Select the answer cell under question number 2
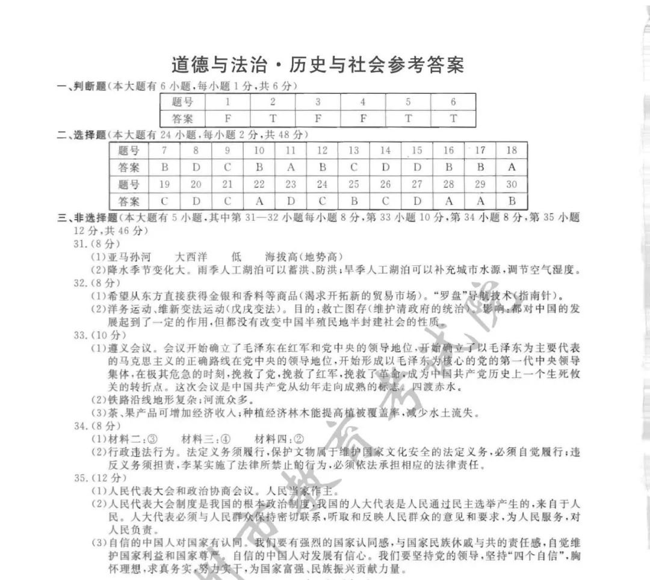[273, 119]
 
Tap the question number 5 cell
[408, 102]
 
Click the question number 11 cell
[291, 150]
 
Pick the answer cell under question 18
[512, 167]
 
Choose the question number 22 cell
[259, 184]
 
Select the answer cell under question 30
[512, 201]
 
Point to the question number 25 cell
[354, 184]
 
